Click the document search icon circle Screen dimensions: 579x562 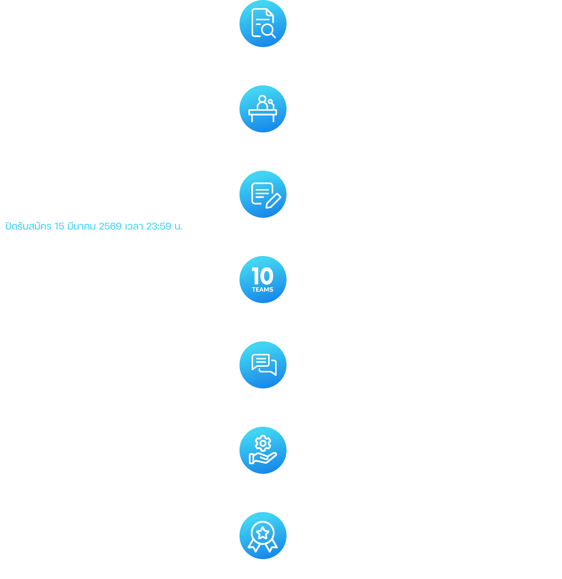click(263, 24)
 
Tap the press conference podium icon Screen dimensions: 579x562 click(263, 109)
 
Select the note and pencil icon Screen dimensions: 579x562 click(263, 194)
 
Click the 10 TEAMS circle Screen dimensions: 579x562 click(263, 280)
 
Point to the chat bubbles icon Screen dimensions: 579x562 click(263, 365)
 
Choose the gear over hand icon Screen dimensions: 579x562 click(263, 450)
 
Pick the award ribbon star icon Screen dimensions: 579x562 click(263, 536)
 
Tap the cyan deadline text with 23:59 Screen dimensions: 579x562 click(94, 226)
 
